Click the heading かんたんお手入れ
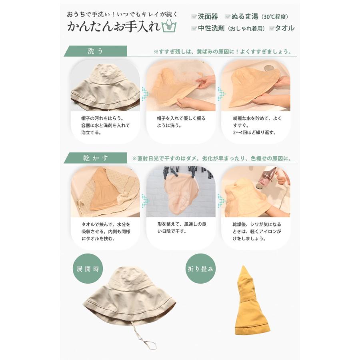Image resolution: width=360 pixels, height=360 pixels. (x=114, y=27)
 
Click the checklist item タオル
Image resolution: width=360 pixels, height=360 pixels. (x=284, y=28)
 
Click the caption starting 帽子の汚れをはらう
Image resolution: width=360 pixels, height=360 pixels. (x=105, y=125)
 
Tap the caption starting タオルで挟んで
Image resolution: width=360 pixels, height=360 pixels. (x=105, y=232)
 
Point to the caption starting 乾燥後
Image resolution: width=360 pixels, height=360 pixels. (x=256, y=232)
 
